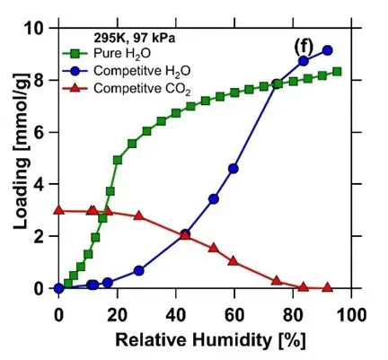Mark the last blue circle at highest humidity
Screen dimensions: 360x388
coord(327,50)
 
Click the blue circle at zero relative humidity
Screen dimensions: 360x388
coord(58,288)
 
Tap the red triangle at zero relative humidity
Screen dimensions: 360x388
coord(58,210)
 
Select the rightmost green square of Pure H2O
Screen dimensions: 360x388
coord(337,72)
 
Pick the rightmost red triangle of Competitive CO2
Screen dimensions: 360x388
coord(327,287)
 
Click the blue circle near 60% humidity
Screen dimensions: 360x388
coord(234,169)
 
